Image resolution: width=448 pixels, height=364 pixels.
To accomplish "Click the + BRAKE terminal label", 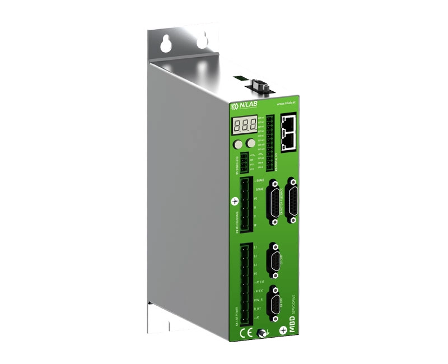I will coord(259,181).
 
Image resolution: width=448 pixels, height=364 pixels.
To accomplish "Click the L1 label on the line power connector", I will coord(255,246).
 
